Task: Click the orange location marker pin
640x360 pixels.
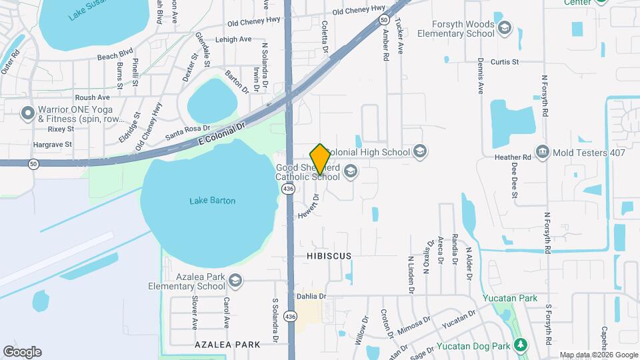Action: tap(320, 159)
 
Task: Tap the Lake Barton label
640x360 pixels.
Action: tap(213, 200)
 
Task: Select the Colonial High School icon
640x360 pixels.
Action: tap(419, 152)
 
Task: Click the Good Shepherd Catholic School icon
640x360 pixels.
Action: tap(351, 173)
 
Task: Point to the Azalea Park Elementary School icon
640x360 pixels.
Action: tap(235, 281)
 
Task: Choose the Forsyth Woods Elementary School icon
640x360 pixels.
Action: tap(505, 28)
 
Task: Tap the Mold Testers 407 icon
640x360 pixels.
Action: tap(541, 152)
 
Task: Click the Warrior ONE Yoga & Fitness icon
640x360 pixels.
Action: tap(27, 113)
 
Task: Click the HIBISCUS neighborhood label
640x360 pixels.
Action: tap(329, 256)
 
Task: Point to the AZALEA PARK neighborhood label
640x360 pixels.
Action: tap(227, 345)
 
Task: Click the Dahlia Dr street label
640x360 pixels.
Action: tap(313, 296)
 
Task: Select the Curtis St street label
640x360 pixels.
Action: tap(505, 62)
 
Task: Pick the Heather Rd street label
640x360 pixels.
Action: tap(517, 157)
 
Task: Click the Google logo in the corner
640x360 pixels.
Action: tap(22, 352)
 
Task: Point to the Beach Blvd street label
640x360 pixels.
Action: tap(116, 58)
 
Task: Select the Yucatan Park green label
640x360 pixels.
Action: tap(511, 298)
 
